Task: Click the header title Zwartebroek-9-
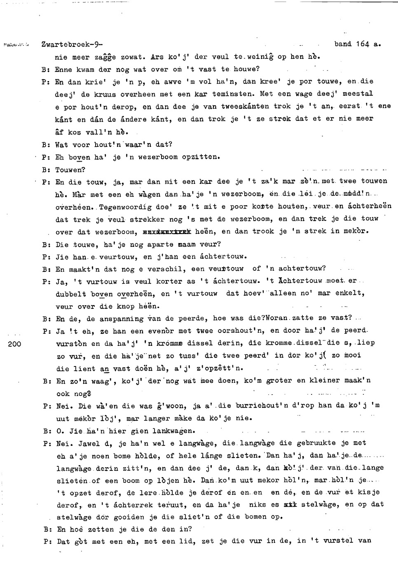(x=72, y=44)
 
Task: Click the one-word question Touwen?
(x=70, y=169)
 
